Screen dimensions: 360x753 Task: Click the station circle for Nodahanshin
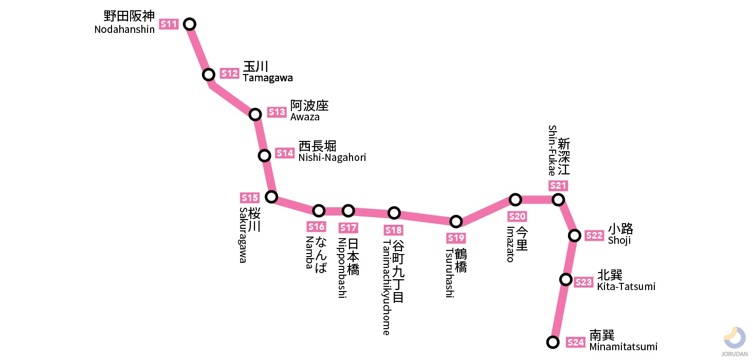tap(190, 24)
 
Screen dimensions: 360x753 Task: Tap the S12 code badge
tap(230, 74)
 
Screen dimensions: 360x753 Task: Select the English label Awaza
tap(305, 117)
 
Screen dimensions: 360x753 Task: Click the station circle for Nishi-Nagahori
tap(264, 155)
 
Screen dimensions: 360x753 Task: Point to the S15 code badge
tap(250, 198)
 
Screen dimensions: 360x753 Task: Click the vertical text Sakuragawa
tap(243, 235)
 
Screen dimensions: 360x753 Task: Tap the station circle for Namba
tap(319, 210)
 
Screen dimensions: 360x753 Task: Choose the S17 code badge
tap(348, 228)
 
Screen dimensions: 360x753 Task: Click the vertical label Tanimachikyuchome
tap(387, 287)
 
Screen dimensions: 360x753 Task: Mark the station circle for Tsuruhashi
tap(455, 222)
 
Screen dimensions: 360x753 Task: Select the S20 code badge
tap(517, 217)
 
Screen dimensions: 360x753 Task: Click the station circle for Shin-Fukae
tap(558, 200)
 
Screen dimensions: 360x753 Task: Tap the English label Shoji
tap(619, 241)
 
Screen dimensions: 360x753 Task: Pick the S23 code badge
tap(583, 282)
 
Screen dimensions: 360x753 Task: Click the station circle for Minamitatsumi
tap(553, 342)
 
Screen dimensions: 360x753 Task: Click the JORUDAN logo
tap(734, 341)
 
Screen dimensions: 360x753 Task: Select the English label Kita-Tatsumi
tap(626, 287)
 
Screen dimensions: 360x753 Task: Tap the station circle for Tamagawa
tap(208, 75)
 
